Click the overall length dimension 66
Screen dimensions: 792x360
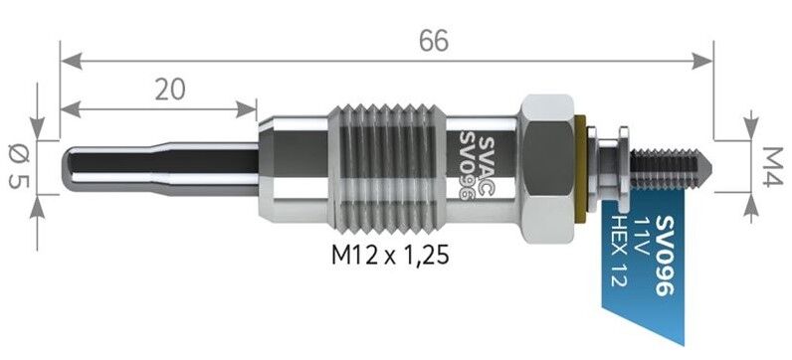coord(434,41)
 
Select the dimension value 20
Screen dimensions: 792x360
coord(170,90)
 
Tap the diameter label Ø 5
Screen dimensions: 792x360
coord(19,166)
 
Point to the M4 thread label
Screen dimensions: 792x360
coord(772,167)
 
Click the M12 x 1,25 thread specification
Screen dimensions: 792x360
coord(390,256)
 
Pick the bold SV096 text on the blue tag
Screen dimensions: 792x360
coord(665,255)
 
